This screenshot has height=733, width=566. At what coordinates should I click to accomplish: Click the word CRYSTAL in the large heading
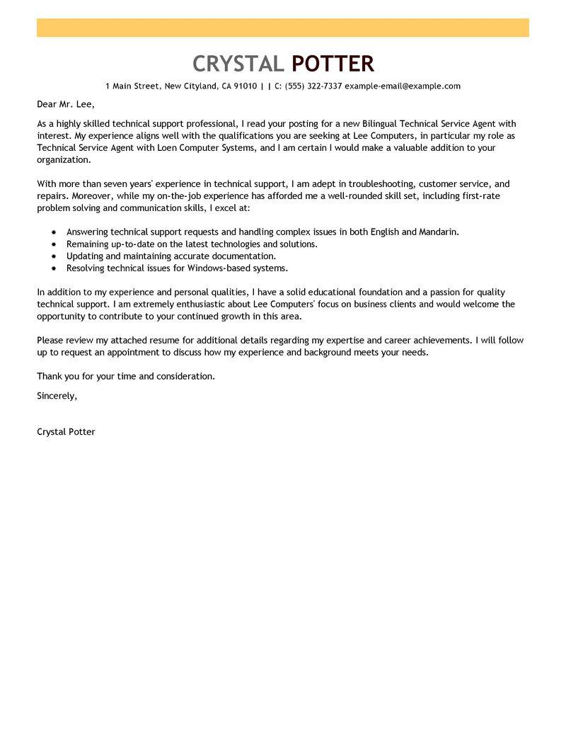click(x=238, y=64)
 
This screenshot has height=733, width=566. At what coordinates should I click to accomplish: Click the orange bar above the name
click(x=283, y=28)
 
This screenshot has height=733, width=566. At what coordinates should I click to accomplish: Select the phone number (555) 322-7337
click(x=313, y=86)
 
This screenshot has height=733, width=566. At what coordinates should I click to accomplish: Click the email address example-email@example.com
click(x=403, y=86)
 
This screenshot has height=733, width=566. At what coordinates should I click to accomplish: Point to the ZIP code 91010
click(x=246, y=86)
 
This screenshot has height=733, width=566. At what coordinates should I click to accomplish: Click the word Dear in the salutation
click(x=48, y=104)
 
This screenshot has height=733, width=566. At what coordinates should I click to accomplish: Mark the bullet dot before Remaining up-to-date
click(x=54, y=244)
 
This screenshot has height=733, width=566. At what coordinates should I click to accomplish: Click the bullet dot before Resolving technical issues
click(x=54, y=268)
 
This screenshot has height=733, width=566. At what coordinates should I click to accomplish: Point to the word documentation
click(x=241, y=256)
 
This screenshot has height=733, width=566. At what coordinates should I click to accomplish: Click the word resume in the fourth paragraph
click(x=158, y=341)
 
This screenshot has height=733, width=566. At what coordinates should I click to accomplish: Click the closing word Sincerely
click(x=57, y=396)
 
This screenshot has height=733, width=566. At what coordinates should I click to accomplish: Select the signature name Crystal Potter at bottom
click(x=66, y=432)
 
